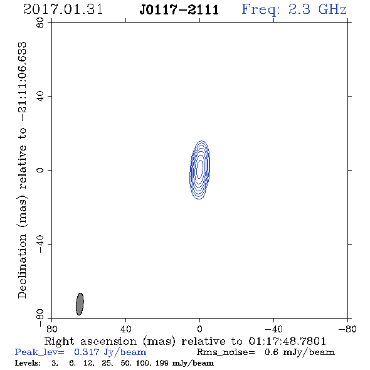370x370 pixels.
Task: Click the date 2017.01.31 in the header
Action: coord(63,9)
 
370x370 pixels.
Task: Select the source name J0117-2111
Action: coord(179,10)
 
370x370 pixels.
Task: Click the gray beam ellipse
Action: coord(80,304)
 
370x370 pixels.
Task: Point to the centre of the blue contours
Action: coord(199,170)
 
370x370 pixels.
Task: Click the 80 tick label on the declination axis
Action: coord(40,23)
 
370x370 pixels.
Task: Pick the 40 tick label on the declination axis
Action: coord(40,97)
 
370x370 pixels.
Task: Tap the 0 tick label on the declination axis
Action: coord(40,170)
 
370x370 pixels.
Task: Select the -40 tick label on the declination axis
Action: coord(40,244)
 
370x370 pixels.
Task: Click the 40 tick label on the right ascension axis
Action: coord(126,329)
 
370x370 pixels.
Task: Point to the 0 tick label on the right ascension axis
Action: coord(199,329)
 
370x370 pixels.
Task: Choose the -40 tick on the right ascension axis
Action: coord(273,329)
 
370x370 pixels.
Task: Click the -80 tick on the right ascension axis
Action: coord(347,329)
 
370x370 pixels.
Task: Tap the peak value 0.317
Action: coord(87,352)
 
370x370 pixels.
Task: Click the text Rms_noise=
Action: coord(226,352)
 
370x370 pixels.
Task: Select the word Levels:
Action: coord(28,363)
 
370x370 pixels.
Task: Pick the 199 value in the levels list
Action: coord(162,363)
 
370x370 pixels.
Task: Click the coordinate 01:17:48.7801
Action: coord(287,341)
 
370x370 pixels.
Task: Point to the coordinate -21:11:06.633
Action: coord(23,82)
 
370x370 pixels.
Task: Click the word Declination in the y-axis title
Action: coord(22,266)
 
